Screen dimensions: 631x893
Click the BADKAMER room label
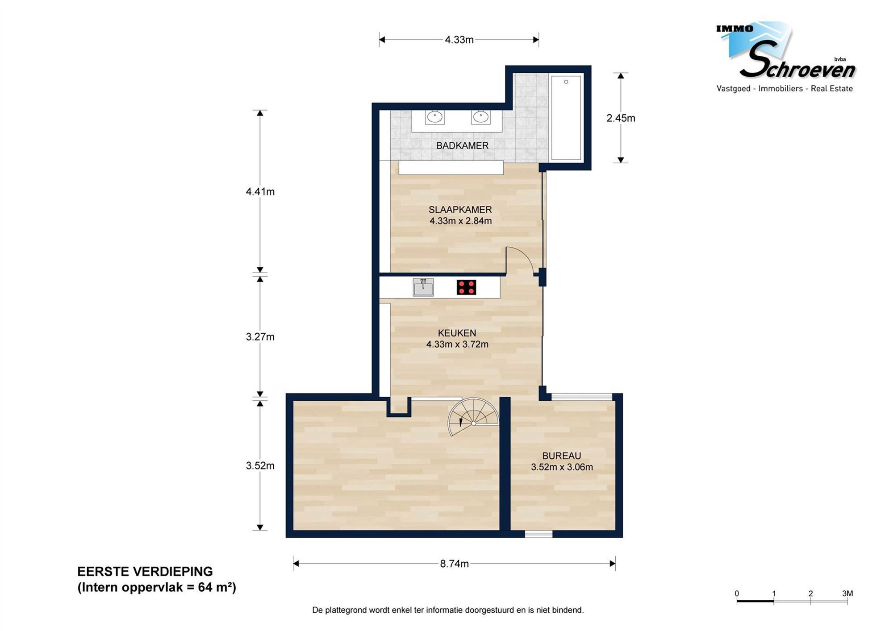tap(462, 145)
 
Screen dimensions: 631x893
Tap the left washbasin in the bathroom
tap(434, 117)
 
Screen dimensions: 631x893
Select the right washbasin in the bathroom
tap(480, 117)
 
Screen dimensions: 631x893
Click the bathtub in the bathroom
tap(566, 118)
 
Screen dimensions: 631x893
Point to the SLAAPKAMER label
tap(460, 209)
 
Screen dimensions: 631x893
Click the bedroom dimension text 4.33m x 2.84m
tap(460, 221)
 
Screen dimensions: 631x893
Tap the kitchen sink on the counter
tap(423, 287)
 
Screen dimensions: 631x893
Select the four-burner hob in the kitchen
tap(466, 287)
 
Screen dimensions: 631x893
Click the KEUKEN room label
tap(457, 333)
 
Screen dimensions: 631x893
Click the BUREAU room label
tap(561, 456)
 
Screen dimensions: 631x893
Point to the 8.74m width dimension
tap(454, 564)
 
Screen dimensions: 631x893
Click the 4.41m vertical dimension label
tap(260, 191)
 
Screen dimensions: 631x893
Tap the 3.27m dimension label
tap(260, 336)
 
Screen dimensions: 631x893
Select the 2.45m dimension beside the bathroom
tap(620, 118)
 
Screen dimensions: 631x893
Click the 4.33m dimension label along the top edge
tap(459, 40)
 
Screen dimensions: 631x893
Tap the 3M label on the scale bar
tap(847, 594)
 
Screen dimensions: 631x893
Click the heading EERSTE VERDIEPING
tap(145, 571)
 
